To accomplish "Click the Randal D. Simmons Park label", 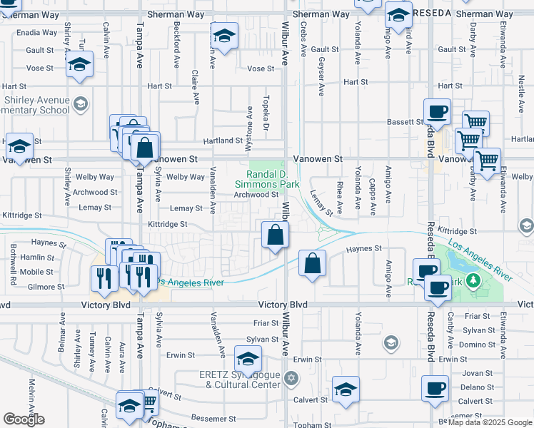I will tap(273, 179).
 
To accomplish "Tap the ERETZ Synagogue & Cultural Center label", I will tap(243, 379).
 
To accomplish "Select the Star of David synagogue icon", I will tap(290, 377).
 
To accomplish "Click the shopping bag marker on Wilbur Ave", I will tap(276, 235).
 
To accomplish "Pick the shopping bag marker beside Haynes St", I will tap(312, 263).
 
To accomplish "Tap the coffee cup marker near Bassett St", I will tap(437, 111).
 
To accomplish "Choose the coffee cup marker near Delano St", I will tap(435, 389).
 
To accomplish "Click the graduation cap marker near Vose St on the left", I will tap(80, 65).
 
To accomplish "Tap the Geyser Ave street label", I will tap(321, 77).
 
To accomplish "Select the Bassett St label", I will tap(405, 122).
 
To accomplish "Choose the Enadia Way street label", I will tap(34, 33).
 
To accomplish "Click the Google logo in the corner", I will tap(24, 419).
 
